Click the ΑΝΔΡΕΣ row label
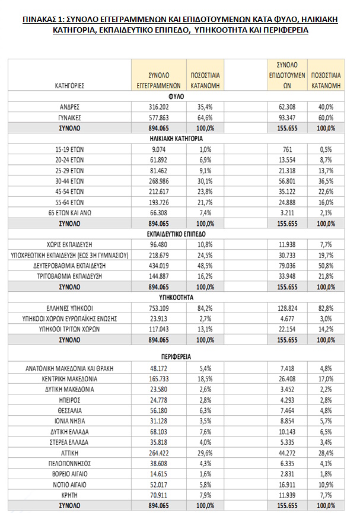pyautogui.click(x=70, y=107)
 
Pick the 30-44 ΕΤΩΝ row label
pyautogui.click(x=70, y=180)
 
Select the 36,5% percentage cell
pyautogui.click(x=326, y=180)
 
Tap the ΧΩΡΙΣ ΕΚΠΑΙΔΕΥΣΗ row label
pyautogui.click(x=70, y=244)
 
